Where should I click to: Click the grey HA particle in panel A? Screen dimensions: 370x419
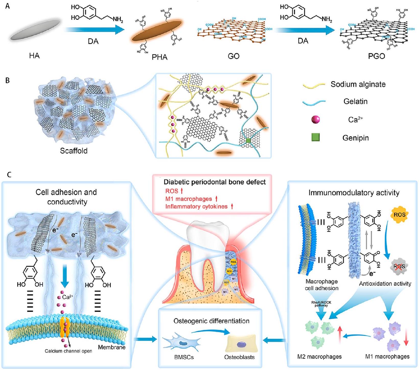[x=34, y=31]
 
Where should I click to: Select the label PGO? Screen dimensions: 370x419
[x=376, y=56]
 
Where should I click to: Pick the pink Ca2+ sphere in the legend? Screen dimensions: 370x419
[x=316, y=119]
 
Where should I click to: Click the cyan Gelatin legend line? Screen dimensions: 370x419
[x=314, y=102]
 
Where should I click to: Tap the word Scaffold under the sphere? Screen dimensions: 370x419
[x=74, y=151]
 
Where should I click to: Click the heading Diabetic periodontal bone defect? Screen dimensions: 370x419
[x=215, y=182]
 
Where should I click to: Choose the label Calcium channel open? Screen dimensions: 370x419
[x=68, y=351]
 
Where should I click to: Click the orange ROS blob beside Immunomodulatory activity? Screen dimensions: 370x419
[x=399, y=215]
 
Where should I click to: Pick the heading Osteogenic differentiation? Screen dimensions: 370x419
[x=211, y=321]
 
